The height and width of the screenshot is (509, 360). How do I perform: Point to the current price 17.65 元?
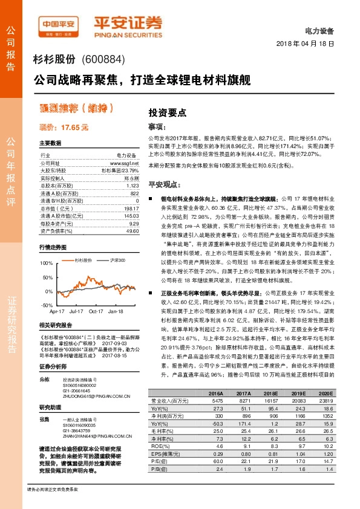pos(64,128)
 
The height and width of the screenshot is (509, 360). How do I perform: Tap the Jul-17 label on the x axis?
pos(76,312)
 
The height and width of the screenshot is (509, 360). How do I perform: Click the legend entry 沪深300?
pos(117,260)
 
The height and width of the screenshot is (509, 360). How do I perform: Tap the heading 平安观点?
pos(165,184)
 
